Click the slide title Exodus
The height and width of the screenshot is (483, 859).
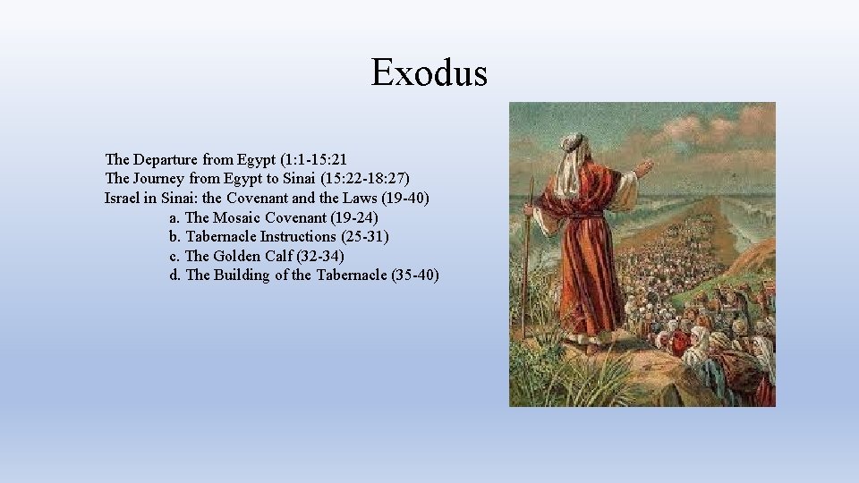click(429, 72)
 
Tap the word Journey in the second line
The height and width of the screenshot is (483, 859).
click(163, 179)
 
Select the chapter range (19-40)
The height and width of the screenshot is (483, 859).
click(399, 199)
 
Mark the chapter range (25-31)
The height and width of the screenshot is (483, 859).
click(365, 237)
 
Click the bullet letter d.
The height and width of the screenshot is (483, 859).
click(174, 275)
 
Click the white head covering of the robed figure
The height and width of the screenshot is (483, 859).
click(570, 157)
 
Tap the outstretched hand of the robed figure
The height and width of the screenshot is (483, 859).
click(643, 167)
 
